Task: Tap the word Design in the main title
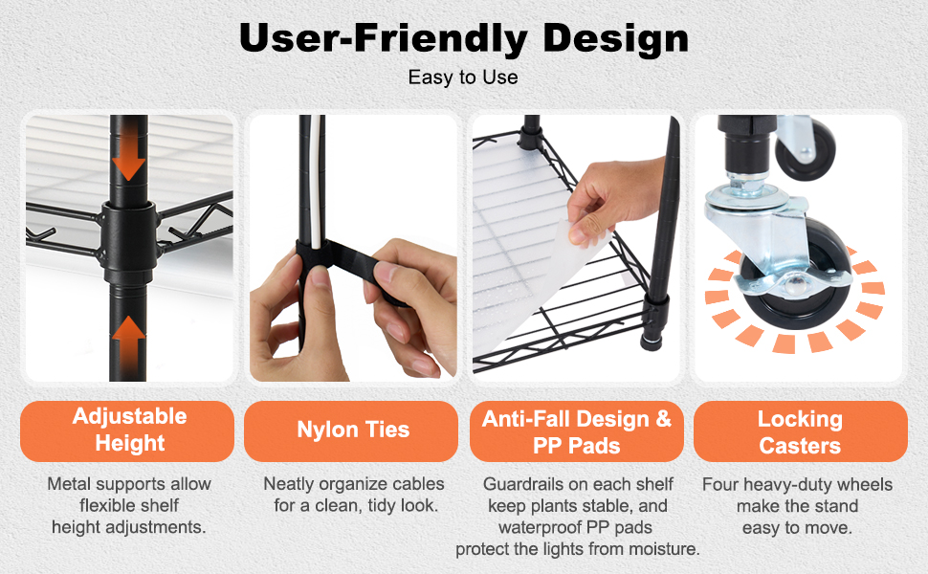coord(615,38)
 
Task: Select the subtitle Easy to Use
coord(463,77)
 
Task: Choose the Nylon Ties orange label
coord(351,430)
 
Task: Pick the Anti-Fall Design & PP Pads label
coord(577,430)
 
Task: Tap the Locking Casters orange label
coord(800,430)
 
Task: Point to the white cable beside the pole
coord(319,184)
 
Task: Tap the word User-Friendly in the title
coord(383,38)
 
